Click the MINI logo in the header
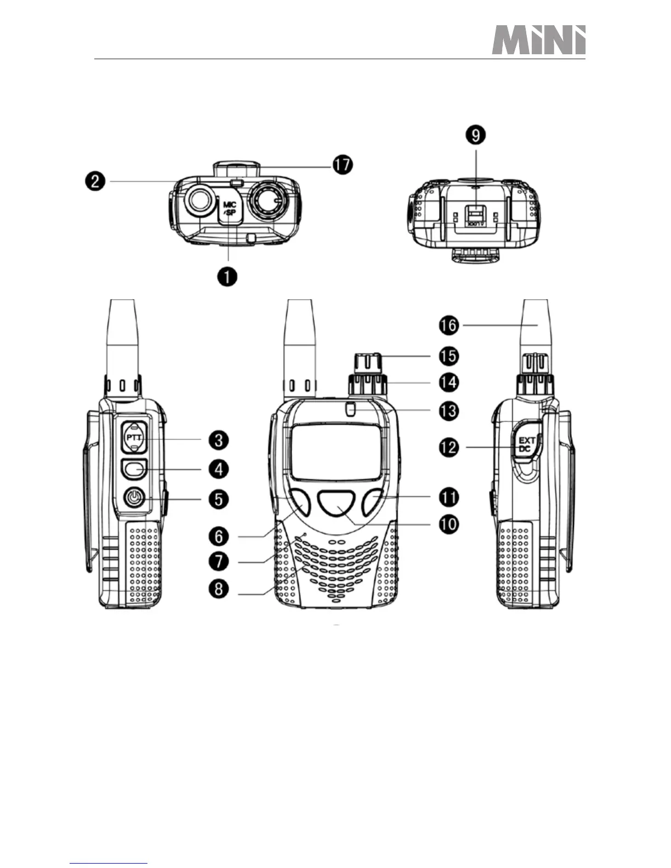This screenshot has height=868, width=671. pos(538,41)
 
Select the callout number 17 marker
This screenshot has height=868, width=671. pos(343,165)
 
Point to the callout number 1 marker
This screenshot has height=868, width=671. pos(227,276)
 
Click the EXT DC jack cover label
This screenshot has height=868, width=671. pos(526,444)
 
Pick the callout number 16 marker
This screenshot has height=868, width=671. pos(448,325)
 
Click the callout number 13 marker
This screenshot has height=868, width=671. pos(448,410)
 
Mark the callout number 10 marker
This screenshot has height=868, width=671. pos(448,524)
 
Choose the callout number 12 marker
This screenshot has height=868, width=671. pos(448,447)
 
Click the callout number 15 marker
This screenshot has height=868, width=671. pos(448,356)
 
